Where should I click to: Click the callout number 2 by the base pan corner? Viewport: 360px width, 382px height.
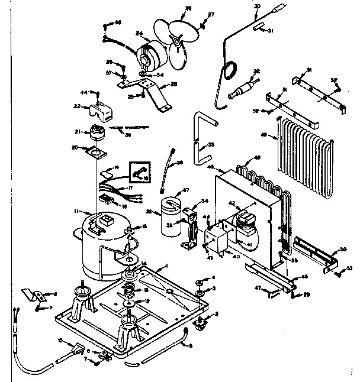217,315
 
